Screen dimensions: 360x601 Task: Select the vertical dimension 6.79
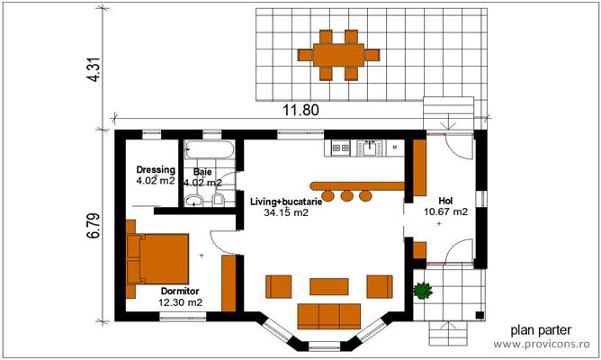tap(93, 222)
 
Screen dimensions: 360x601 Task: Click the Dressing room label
tap(156, 170)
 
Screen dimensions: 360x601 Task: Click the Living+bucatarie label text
tap(286, 202)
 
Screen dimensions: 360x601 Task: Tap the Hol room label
tap(445, 201)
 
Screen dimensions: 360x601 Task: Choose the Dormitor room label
tap(181, 292)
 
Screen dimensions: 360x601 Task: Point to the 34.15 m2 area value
tap(286, 213)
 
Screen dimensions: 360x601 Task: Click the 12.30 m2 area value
tap(181, 302)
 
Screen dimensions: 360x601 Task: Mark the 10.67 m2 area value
tap(446, 212)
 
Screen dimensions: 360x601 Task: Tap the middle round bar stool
tap(346, 195)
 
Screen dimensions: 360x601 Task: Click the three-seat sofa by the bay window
tap(328, 316)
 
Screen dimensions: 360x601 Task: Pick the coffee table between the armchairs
tap(328, 286)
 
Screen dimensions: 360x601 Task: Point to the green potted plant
tap(422, 290)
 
